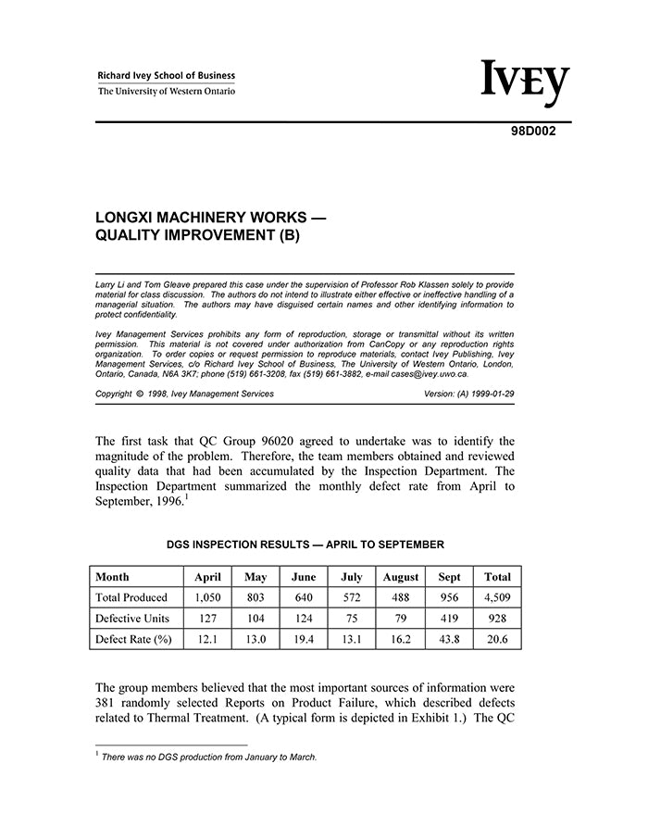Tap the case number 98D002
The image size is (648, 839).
pos(534,131)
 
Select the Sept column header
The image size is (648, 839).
pos(449,577)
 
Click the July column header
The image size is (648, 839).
pos(352,577)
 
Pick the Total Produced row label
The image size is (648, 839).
pos(131,598)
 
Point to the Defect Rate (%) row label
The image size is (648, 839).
pos(134,639)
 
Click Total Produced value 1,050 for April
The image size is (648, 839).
pos(207,598)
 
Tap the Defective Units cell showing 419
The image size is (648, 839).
pos(449,619)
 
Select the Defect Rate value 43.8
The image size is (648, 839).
pos(449,639)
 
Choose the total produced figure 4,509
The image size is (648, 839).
pos(497,598)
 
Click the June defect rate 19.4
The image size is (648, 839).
pos(304,639)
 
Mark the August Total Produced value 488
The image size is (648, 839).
pos(401,598)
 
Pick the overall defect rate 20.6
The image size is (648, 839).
pos(497,639)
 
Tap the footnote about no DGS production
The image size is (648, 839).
pos(209,758)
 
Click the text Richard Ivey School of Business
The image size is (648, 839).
pos(167,76)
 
